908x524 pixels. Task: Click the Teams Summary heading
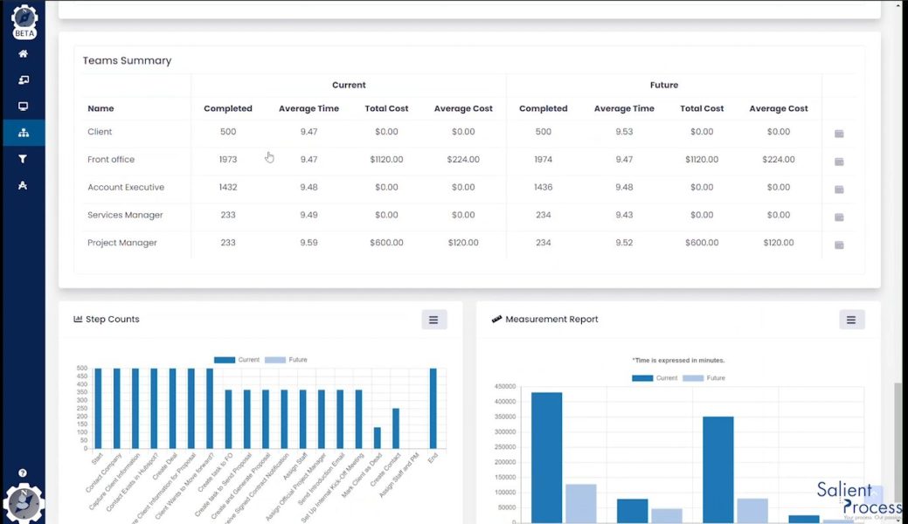pos(127,61)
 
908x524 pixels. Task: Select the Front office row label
pos(111,160)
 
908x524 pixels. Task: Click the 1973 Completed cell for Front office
pos(228,160)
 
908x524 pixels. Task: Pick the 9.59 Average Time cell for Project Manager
pos(308,243)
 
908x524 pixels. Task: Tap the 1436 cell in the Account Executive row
pos(543,188)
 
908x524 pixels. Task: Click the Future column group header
pos(663,86)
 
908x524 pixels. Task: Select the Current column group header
pos(349,86)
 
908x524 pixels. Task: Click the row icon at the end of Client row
pos(839,134)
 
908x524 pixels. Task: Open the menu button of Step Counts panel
pos(434,320)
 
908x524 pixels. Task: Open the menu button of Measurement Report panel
pos(851,320)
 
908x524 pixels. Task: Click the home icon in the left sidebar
pos(23,54)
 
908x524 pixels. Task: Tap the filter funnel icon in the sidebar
pos(23,159)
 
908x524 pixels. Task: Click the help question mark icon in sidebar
pos(23,472)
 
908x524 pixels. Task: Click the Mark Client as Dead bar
pos(378,438)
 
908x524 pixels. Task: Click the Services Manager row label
pos(125,216)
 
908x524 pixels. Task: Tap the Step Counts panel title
pos(112,320)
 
